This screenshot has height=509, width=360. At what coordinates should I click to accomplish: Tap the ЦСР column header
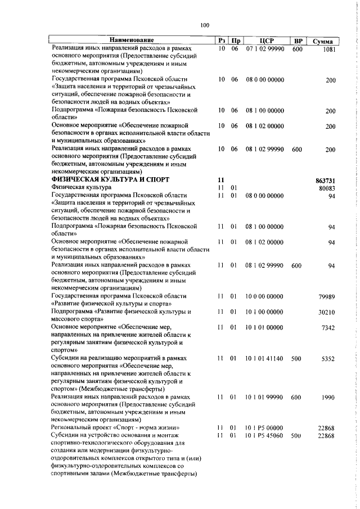[267, 40]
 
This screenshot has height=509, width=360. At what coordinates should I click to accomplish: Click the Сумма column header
[323, 41]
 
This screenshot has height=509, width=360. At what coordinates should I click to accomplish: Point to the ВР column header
[298, 40]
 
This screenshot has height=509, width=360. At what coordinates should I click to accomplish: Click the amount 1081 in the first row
[329, 49]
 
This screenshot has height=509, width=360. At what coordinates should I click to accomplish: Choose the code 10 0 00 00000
[264, 296]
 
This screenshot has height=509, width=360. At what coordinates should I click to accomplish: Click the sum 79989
[327, 296]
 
